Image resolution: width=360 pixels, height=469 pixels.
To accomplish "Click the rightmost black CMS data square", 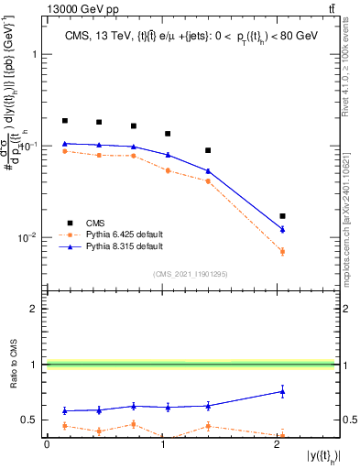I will pyautogui.click(x=282, y=216).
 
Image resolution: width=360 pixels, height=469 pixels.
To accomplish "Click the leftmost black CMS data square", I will pyautogui.click(x=65, y=121).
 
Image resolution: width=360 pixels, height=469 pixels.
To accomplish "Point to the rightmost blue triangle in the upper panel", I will pyautogui.click(x=282, y=229).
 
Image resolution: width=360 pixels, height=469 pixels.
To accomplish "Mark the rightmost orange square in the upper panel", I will pyautogui.click(x=282, y=251).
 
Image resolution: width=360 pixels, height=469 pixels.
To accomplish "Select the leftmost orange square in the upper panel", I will pyautogui.click(x=65, y=151).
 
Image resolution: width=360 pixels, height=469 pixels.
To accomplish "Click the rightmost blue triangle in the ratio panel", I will pyautogui.click(x=282, y=391).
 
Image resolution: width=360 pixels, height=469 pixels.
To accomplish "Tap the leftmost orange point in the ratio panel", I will pyautogui.click(x=65, y=426).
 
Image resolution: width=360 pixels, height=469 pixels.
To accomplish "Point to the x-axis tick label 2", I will pyautogui.click(x=278, y=446).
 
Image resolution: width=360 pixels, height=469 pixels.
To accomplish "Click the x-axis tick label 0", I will pyautogui.click(x=47, y=446).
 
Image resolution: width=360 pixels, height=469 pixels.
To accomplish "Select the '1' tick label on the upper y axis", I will pyautogui.click(x=35, y=54).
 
